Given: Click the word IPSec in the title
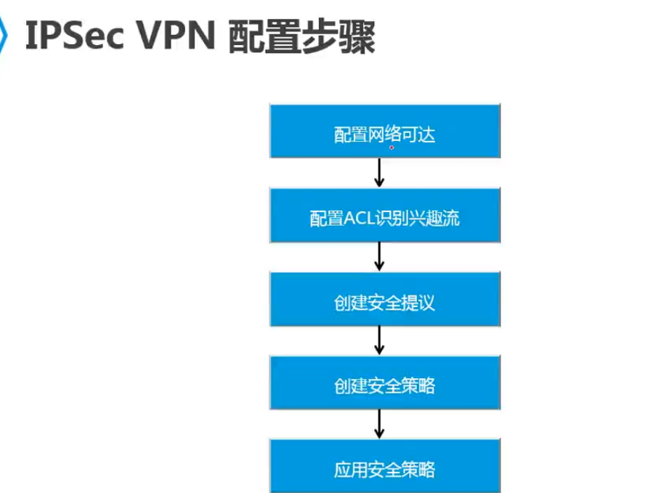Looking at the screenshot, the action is coord(75,36).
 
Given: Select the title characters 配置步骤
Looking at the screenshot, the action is coord(302,36).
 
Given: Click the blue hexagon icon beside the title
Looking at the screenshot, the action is coord(3,35).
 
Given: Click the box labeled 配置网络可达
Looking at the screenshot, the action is coord(385,131).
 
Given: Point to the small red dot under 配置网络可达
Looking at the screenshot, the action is coord(392,147).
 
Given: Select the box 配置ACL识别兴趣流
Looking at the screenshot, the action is coord(385,215).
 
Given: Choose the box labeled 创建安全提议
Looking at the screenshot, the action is coord(385,298).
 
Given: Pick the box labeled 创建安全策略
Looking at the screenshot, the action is coord(385,382).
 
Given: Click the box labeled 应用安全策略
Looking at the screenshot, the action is coord(385,465).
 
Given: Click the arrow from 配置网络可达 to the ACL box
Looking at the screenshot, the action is coord(379,173).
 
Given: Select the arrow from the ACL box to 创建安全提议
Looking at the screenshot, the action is coord(379,256).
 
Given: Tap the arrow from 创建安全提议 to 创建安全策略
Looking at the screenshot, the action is coord(379,340).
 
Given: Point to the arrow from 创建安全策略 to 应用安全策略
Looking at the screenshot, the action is coord(379,424).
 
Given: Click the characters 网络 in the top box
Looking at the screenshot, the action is coord(384,135).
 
